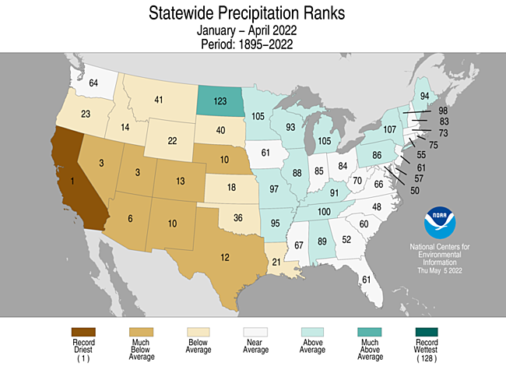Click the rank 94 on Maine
coord(425,97)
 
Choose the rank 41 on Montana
coord(158,100)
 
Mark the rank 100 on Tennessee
coord(324,212)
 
